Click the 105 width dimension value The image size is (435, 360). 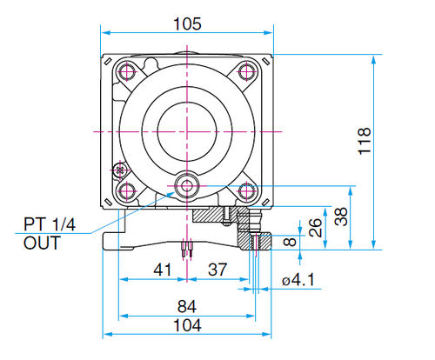187,23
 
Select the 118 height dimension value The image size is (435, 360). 365,141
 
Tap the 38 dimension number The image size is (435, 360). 340,217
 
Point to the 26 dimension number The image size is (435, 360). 315,228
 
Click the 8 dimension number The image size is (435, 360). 290,242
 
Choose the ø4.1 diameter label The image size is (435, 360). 298,280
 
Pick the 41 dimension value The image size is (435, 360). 163,270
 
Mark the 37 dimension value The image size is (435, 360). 217,270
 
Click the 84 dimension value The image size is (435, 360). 187,306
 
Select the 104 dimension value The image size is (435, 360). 187,325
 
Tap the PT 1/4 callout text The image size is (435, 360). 50,224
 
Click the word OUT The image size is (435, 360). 42,243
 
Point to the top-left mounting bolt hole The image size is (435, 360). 127,71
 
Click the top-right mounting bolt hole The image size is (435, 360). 246,71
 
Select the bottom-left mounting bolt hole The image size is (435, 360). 127,191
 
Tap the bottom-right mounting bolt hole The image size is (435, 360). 246,191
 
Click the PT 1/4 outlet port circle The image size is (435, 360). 187,186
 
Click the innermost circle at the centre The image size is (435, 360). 187,131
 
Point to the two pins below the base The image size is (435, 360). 187,249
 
